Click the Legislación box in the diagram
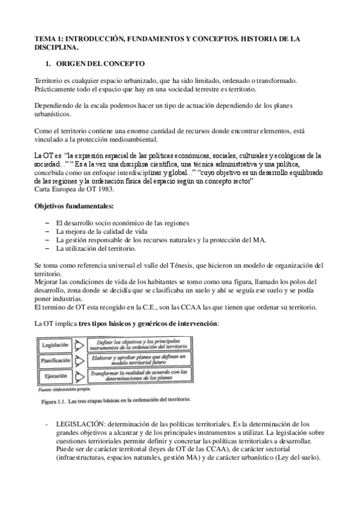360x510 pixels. [x=55, y=346]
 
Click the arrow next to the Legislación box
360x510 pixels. [x=80, y=346]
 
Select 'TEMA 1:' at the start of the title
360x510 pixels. [x=49, y=38]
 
